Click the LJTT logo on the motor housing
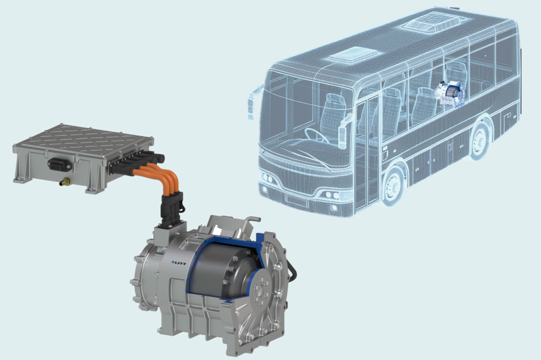[x=178, y=263]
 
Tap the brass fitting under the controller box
[x=64, y=181]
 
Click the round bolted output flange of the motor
[x=260, y=290]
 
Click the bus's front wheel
[x=393, y=187]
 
